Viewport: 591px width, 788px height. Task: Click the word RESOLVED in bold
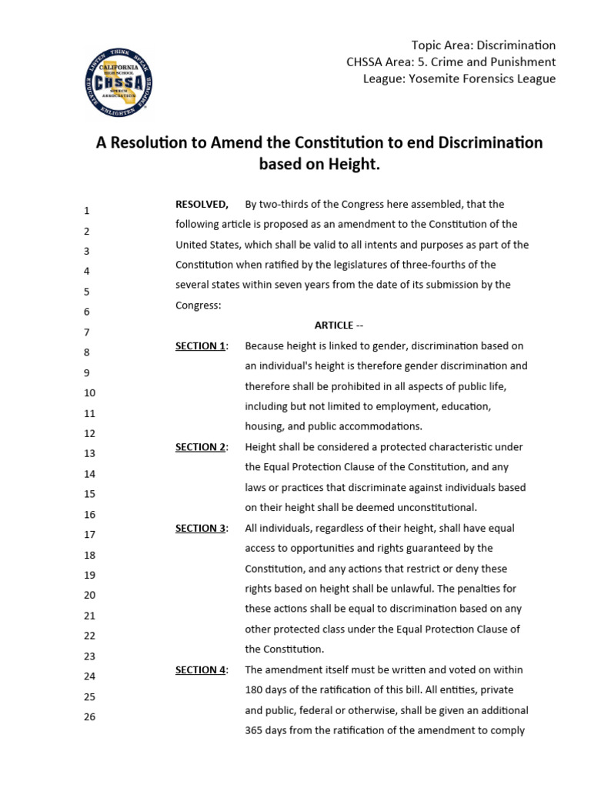click(202, 204)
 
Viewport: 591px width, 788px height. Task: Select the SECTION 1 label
click(200, 346)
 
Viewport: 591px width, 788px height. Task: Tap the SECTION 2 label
click(200, 447)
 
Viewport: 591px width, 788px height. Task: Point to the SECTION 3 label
click(200, 528)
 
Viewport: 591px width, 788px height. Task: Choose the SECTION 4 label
click(200, 669)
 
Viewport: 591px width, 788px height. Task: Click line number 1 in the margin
click(87, 211)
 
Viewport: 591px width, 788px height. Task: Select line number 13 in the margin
click(89, 454)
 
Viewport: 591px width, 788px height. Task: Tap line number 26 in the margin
click(89, 717)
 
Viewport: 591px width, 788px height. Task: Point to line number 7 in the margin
click(87, 332)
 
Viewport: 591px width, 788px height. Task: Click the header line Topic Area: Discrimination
click(483, 45)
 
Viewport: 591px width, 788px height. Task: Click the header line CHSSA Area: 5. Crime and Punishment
click(452, 62)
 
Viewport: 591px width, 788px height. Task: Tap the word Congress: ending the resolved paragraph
click(199, 305)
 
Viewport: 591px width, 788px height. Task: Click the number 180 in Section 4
click(255, 689)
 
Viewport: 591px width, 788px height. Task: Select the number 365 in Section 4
click(255, 730)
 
